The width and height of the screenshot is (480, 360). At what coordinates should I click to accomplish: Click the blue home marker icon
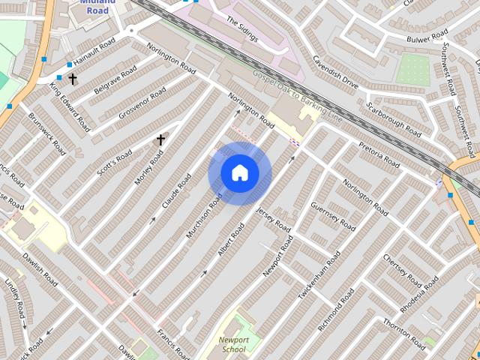pos(239,173)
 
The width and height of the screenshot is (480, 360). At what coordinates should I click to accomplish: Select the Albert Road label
pos(231,240)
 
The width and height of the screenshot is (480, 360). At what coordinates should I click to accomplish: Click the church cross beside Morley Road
pos(160,139)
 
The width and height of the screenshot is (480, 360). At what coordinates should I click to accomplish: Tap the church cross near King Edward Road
pos(73,78)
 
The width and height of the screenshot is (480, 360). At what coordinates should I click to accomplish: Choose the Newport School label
pos(233,344)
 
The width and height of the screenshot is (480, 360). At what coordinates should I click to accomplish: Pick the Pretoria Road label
pos(379,154)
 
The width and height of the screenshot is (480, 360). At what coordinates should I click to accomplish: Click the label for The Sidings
pos(241,31)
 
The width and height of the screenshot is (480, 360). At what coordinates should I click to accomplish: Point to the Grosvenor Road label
pos(142,103)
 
